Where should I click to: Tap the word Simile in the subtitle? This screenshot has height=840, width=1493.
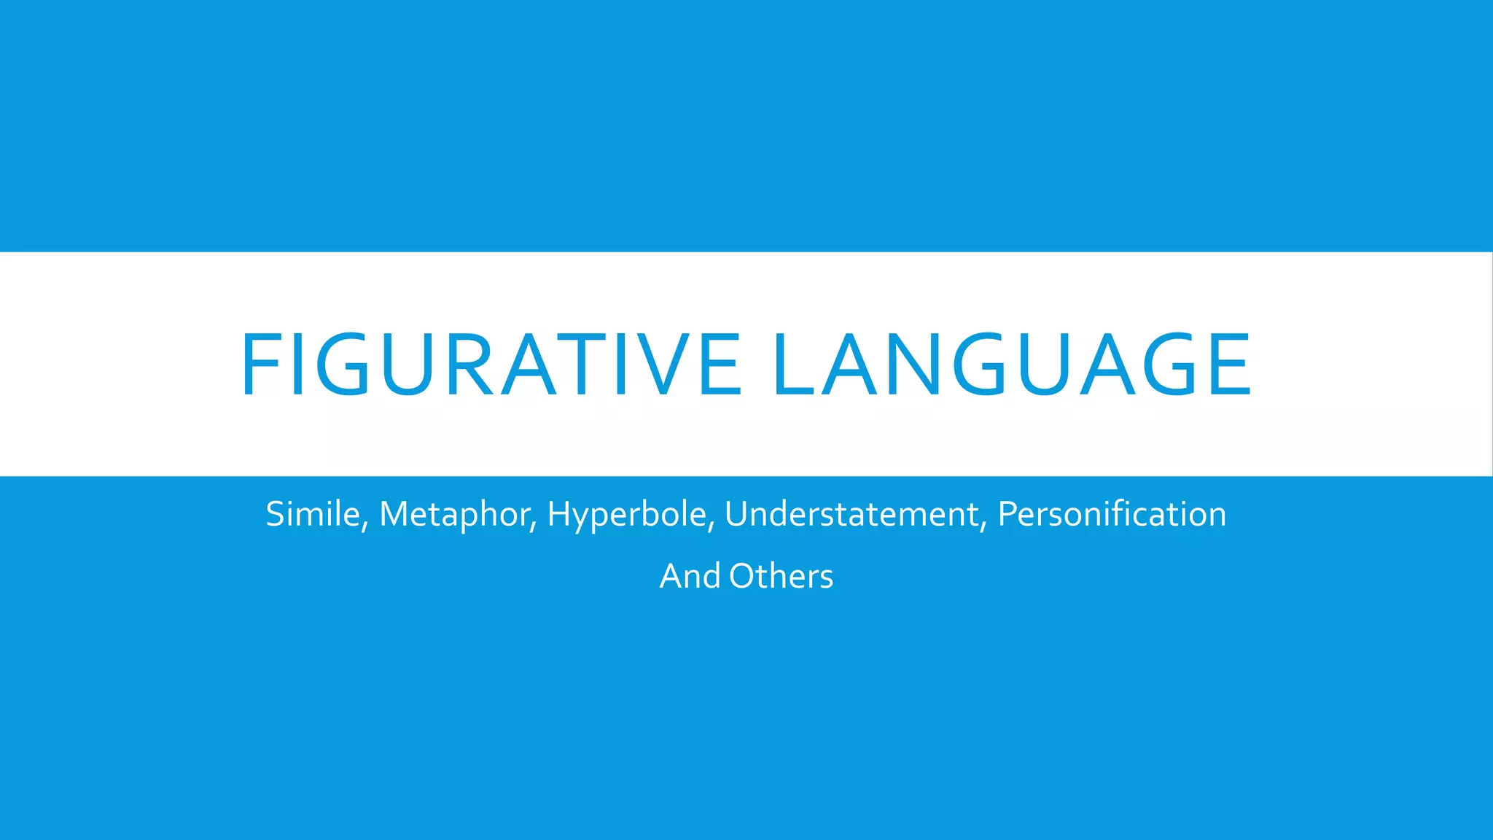(x=312, y=514)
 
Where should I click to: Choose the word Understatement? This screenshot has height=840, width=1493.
(x=851, y=514)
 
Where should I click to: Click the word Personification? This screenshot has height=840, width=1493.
(x=1112, y=514)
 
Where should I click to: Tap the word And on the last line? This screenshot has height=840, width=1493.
(x=690, y=576)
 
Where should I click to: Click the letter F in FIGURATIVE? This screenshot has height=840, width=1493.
(x=258, y=365)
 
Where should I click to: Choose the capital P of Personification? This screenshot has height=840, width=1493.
(x=1007, y=514)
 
